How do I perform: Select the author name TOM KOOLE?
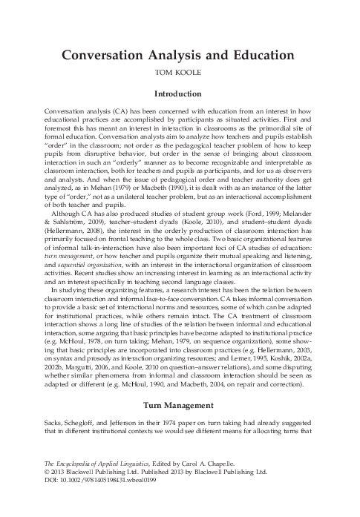tap(180, 74)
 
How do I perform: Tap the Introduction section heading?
tap(180, 95)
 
